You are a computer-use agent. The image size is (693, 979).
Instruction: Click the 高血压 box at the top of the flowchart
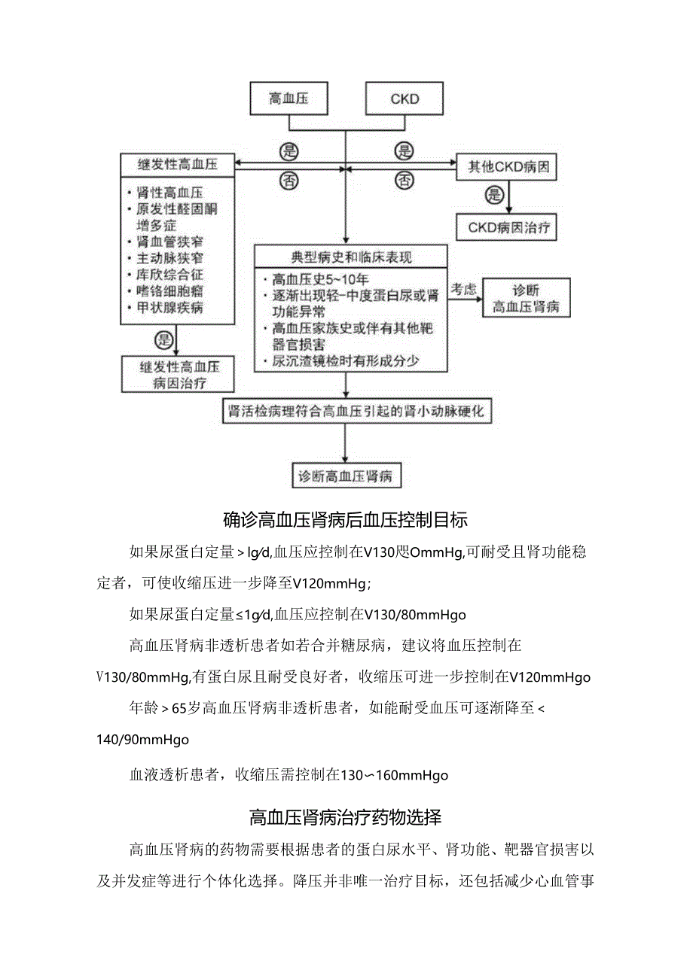[x=288, y=99]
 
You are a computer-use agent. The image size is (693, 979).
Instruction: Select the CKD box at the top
[x=405, y=99]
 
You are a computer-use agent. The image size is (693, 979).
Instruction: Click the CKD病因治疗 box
[x=508, y=227]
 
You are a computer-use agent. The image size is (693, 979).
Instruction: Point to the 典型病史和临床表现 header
[x=351, y=257]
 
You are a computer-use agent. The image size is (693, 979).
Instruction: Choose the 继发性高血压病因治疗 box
[x=176, y=375]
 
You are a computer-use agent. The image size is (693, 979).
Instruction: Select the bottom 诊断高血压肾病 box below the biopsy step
[x=345, y=476]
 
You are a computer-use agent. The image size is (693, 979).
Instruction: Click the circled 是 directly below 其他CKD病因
[x=495, y=196]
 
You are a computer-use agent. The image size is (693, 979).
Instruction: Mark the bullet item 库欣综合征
[x=170, y=275]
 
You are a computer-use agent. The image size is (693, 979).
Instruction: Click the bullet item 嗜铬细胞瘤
[x=170, y=291]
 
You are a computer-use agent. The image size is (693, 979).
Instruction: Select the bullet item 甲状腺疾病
[x=170, y=308]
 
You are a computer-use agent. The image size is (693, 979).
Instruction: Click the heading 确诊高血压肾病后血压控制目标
[x=346, y=519]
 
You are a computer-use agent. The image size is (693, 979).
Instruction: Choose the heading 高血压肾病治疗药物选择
[x=346, y=817]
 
